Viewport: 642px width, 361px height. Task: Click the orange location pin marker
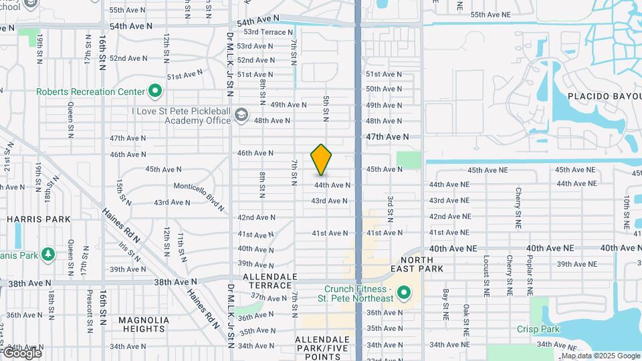pos(322,160)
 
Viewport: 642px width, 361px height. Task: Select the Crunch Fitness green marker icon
pos(403,293)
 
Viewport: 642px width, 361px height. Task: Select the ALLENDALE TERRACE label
pos(270,281)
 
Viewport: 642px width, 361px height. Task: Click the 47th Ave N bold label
pos(387,136)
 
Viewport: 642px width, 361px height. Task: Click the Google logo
pos(21,352)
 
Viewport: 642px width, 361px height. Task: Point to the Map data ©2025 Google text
pos(600,356)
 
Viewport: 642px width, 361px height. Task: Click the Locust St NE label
pos(486,274)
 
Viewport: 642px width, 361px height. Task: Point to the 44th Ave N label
pos(332,185)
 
